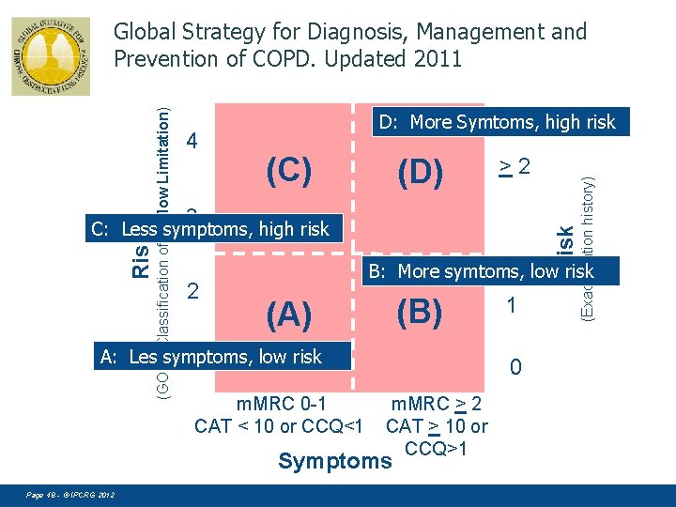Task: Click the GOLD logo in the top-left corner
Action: pos(51,56)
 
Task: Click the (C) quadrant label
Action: pos(288,171)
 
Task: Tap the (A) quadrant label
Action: pos(288,315)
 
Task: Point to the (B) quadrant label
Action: pos(418,312)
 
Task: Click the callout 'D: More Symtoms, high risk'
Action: pos(498,122)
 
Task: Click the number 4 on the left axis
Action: pos(192,142)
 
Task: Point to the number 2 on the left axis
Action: pos(193,291)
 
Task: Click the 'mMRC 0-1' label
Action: pos(281,405)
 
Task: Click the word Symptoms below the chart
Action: pos(334,461)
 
